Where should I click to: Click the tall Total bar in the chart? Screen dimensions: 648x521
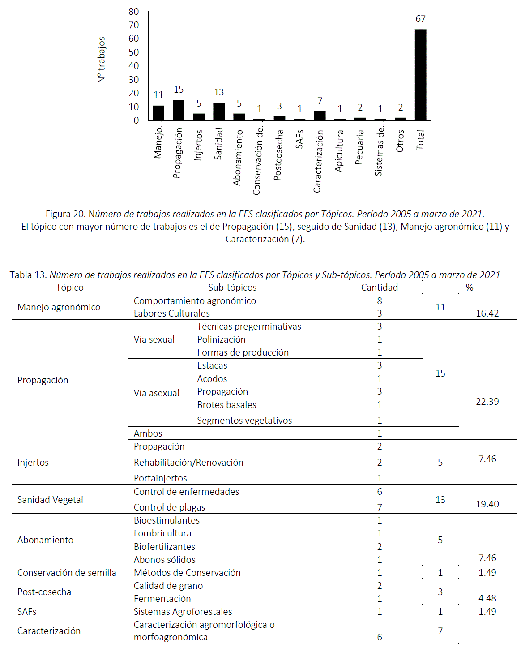click(420, 75)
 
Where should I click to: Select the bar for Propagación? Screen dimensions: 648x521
click(179, 110)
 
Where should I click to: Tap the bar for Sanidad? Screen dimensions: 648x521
click(219, 112)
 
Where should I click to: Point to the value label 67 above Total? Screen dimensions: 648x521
click(420, 19)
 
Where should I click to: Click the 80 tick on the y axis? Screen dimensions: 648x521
click(134, 12)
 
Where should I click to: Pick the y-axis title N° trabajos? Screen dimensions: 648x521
click(102, 60)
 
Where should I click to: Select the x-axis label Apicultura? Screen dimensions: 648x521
click(339, 151)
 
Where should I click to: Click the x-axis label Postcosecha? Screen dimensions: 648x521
click(278, 155)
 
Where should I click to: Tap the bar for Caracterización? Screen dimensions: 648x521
click(320, 116)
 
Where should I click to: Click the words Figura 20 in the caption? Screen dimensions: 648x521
click(65, 214)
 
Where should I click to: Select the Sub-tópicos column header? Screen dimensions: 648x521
click(232, 288)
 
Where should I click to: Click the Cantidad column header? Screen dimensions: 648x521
click(379, 288)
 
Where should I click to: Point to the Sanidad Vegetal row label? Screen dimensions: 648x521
click(50, 500)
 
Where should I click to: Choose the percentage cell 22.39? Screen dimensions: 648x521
click(487, 402)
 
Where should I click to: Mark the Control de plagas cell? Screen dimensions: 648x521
click(169, 507)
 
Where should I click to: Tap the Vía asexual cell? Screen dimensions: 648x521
click(156, 393)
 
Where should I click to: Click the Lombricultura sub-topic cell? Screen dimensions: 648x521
click(162, 533)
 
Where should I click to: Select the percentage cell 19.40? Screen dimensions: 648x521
click(487, 504)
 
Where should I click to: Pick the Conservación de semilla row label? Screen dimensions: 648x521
click(67, 573)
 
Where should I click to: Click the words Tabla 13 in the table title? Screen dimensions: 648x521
click(28, 275)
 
